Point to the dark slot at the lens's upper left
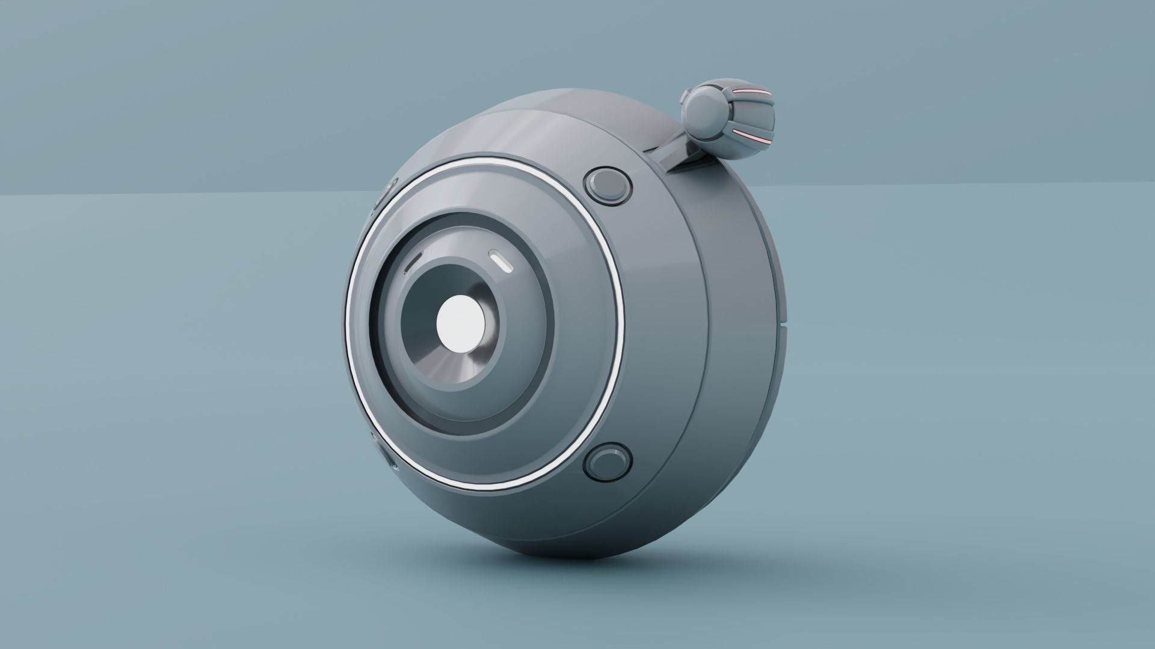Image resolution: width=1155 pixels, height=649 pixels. pyautogui.click(x=413, y=262)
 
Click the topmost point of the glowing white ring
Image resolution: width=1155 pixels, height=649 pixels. pyautogui.click(x=475, y=159)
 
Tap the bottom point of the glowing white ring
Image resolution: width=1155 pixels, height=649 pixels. pyautogui.click(x=481, y=488)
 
